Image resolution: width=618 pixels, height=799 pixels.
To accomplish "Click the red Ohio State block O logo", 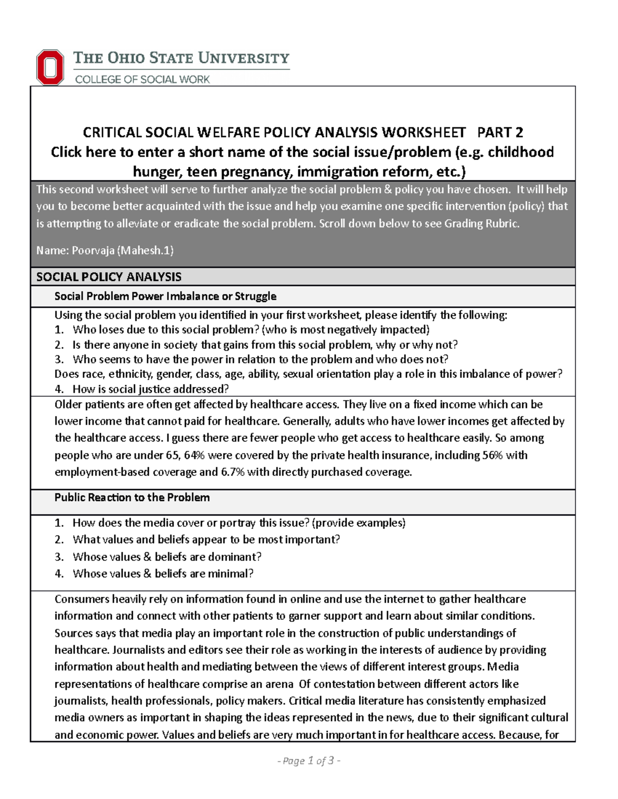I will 50,67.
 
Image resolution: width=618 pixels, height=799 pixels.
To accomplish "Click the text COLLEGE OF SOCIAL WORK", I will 143,79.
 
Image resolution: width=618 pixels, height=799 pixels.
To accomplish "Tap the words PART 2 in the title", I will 500,133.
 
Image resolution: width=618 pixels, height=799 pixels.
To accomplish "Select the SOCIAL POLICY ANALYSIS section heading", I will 109,277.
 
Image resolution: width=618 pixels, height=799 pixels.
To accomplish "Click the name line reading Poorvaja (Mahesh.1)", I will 105,251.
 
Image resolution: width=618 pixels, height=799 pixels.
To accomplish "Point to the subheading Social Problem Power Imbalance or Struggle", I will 165,296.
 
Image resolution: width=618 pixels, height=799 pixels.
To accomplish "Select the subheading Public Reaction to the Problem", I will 132,498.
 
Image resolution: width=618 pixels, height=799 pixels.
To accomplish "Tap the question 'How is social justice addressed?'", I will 150,389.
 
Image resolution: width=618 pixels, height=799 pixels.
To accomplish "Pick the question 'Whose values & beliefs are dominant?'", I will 167,557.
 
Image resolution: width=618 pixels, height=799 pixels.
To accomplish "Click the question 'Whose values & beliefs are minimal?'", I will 163,574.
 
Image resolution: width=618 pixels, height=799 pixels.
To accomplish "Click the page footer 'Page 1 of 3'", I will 308,761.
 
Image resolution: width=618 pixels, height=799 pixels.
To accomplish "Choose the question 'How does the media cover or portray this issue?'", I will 191,523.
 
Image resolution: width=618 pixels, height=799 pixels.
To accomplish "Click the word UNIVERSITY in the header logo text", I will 244,58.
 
